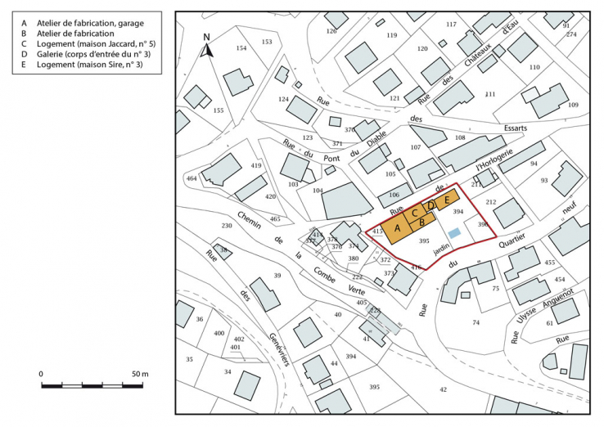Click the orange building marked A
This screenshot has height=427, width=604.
pyautogui.click(x=397, y=228)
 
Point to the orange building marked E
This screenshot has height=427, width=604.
pyautogui.click(x=446, y=199)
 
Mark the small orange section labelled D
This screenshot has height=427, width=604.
pyautogui.click(x=430, y=205)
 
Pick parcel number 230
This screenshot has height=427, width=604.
pyautogui.click(x=227, y=226)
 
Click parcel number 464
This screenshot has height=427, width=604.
pyautogui.click(x=192, y=178)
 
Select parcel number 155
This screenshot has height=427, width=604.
pyautogui.click(x=218, y=110)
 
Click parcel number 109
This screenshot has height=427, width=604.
pyautogui.click(x=573, y=105)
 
